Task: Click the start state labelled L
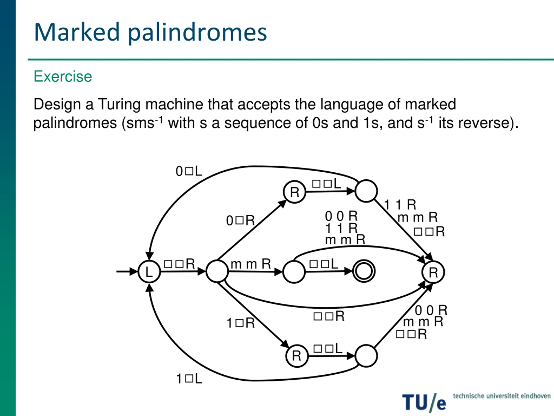[149, 271]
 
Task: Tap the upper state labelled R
[295, 192]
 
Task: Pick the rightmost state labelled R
[433, 272]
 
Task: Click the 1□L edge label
[189, 379]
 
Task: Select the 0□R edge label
[240, 221]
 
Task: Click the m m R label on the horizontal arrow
[251, 264]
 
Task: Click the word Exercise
[63, 76]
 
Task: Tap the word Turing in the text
[119, 104]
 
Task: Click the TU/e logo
[424, 403]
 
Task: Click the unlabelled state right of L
[217, 271]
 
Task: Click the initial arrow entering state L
[127, 271]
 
